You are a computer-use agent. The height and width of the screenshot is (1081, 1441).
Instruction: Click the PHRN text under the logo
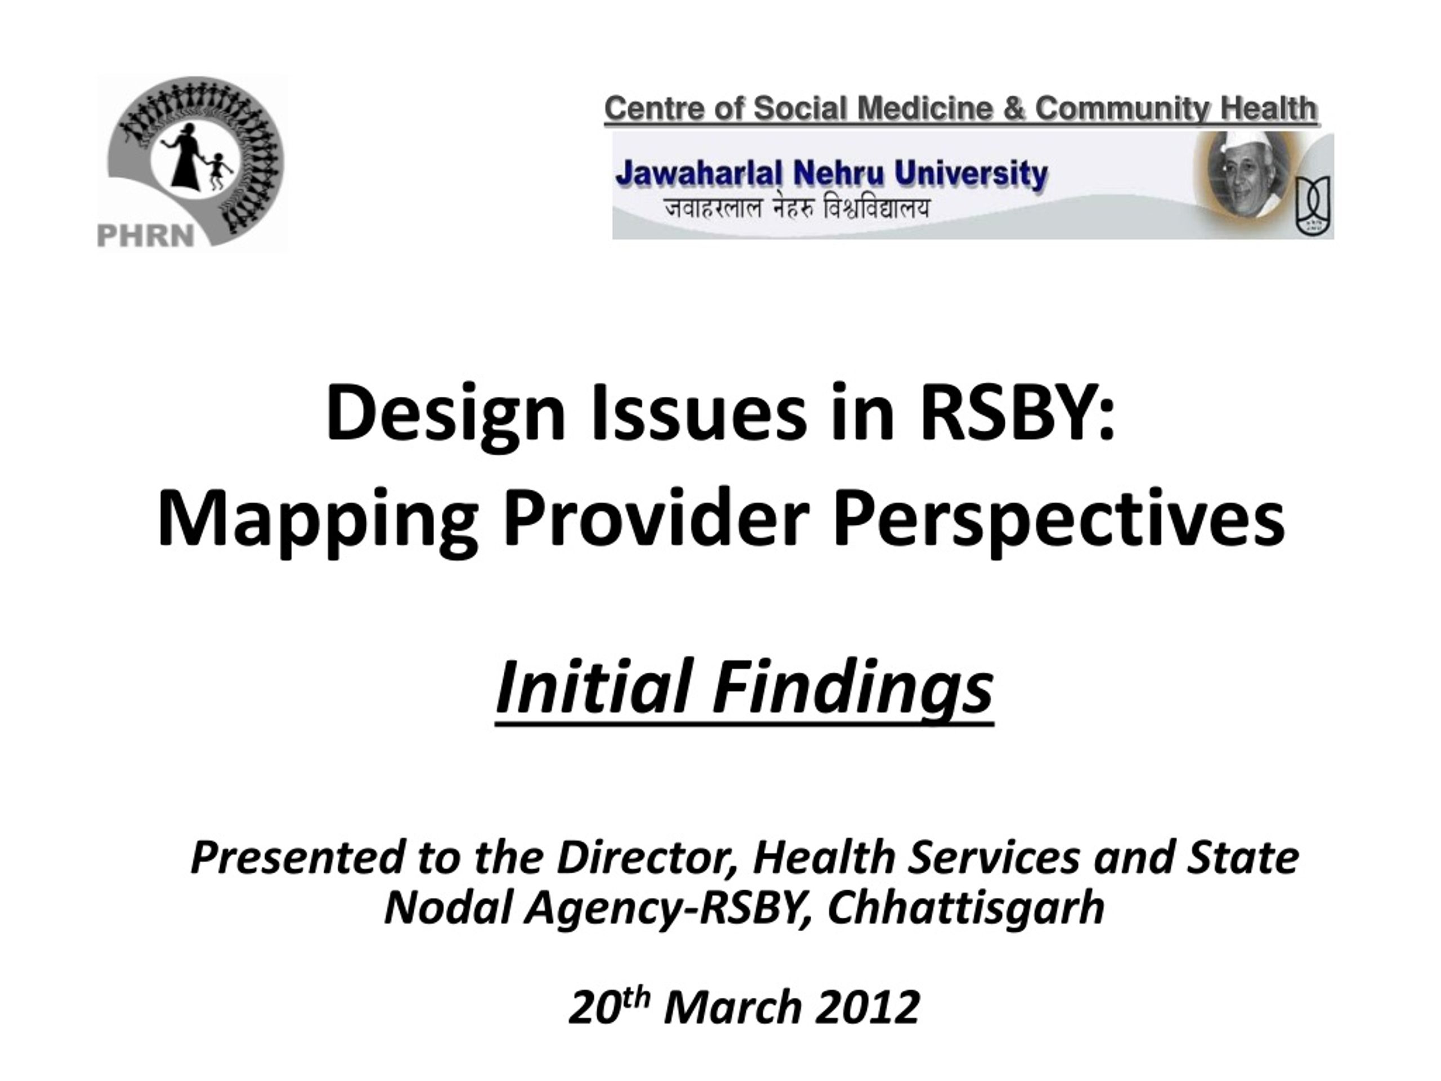click(145, 235)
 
